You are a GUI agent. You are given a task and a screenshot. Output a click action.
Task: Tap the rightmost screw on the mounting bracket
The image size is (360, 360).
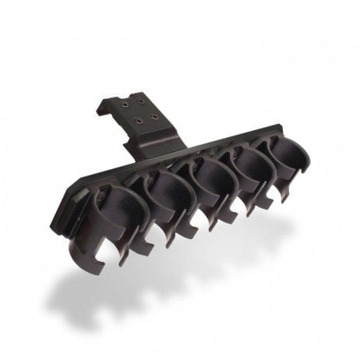coord(157,115)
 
